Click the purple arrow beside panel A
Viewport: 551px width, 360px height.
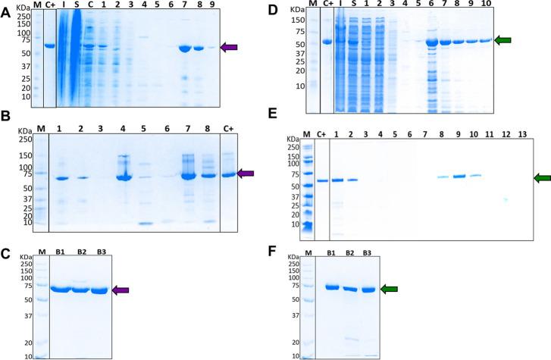[229, 48]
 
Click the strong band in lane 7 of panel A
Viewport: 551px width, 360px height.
[183, 49]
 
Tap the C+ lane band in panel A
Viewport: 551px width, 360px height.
[51, 45]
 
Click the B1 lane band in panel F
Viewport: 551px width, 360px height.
[331, 287]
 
